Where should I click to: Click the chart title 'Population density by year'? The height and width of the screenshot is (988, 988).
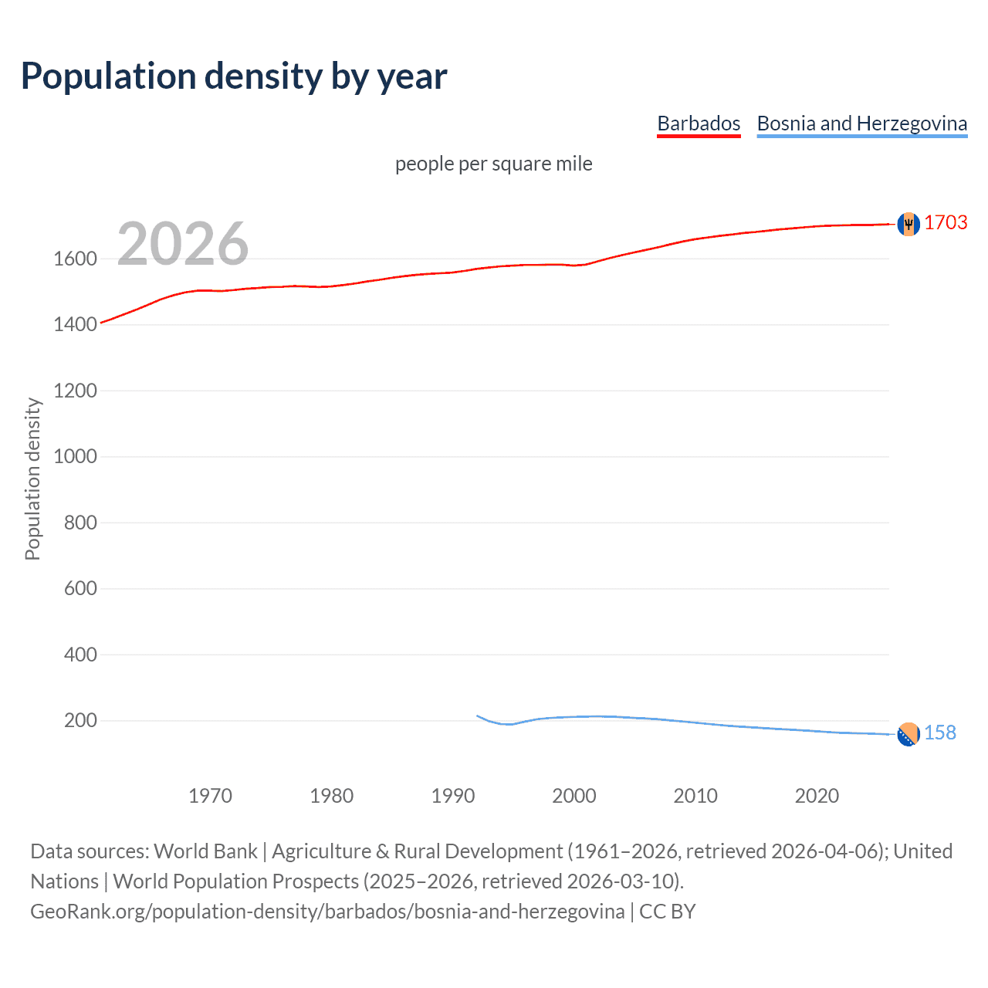pos(234,76)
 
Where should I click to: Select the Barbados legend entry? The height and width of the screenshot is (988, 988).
pos(699,123)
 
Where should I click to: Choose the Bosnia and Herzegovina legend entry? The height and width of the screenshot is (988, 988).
pos(861,123)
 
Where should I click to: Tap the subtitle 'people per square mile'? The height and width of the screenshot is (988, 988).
pos(493,164)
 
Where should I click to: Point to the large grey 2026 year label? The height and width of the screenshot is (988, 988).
pos(183,244)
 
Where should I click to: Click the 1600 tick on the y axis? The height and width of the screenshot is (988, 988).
pos(75,259)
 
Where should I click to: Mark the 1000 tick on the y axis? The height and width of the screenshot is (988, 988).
pos(75,456)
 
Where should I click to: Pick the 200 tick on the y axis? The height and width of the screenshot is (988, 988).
pos(80,720)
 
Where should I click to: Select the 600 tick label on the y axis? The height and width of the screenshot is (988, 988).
pos(80,588)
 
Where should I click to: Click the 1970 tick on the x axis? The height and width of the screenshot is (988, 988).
pos(210,796)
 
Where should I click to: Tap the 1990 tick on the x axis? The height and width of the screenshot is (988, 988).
pos(453,796)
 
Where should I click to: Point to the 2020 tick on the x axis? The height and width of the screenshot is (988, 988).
pos(817,796)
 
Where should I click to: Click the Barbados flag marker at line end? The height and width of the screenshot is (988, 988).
pos(908,224)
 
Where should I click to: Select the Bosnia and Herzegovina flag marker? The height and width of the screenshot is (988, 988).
pos(908,734)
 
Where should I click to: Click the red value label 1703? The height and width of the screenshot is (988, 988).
pos(946,222)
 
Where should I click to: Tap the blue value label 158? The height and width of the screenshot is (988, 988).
pos(939,733)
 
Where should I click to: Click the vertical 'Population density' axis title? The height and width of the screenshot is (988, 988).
pos(32,479)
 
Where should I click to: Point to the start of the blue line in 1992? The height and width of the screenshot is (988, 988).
pos(477,716)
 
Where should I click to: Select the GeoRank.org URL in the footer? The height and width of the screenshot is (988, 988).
pos(327,912)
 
